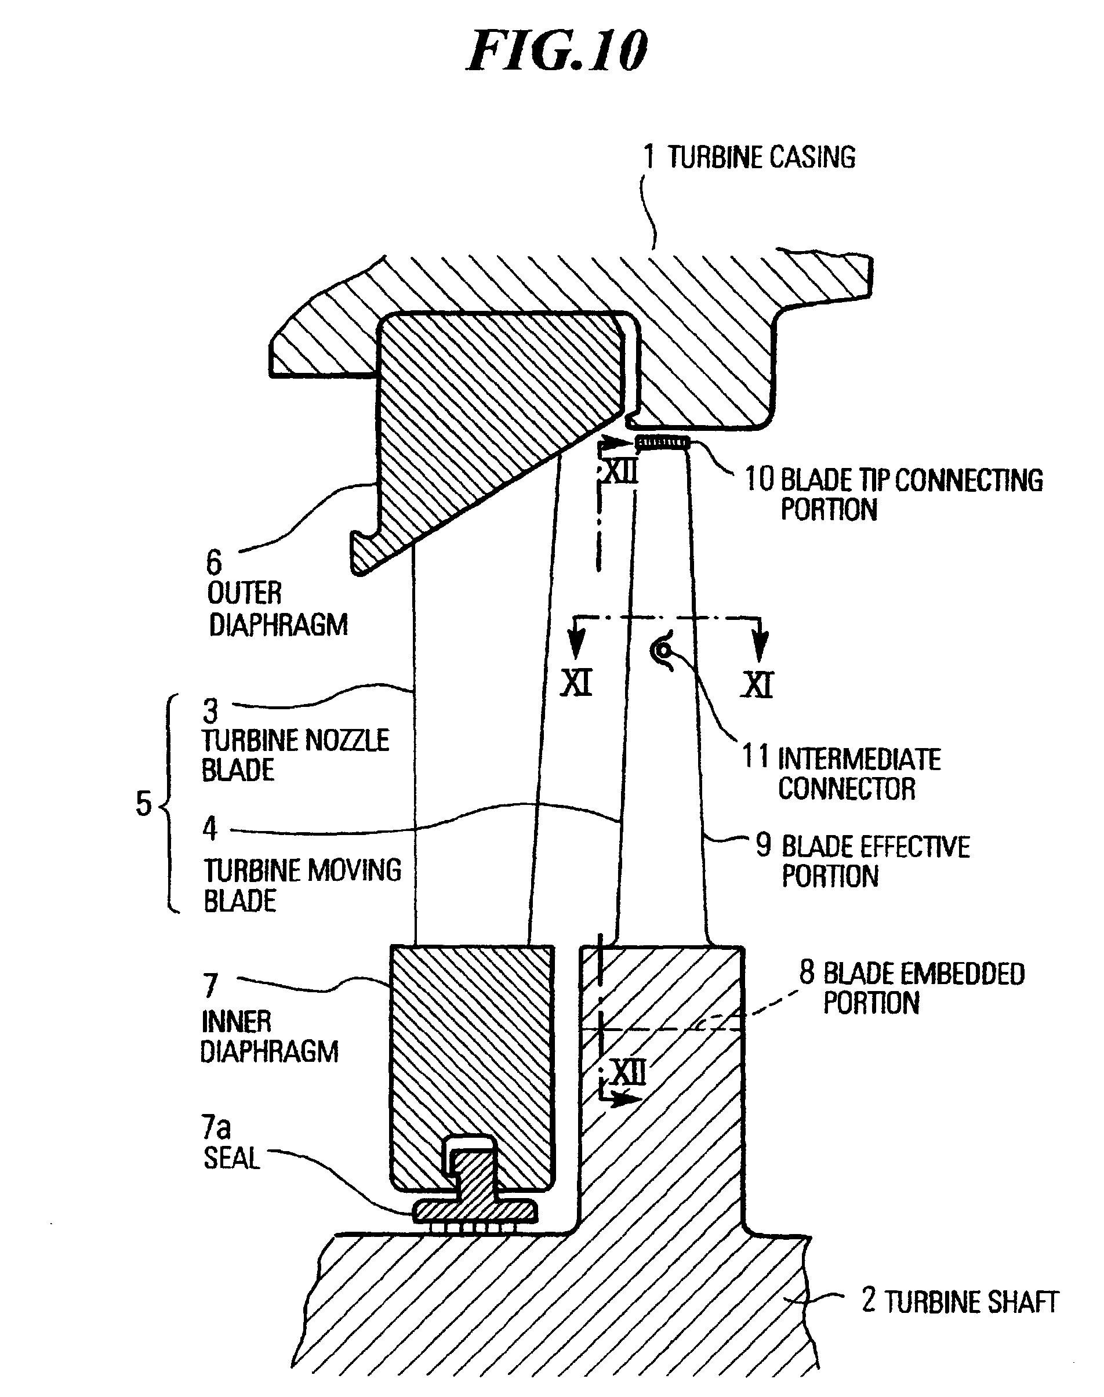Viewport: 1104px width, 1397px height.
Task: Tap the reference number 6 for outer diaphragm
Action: [214, 563]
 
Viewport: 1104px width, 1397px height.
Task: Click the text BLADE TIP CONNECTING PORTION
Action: [894, 495]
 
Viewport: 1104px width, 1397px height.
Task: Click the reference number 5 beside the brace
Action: [143, 804]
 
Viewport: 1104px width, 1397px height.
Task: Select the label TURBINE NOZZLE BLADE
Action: [295, 755]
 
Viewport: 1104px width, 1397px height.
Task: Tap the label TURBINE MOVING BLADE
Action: [302, 884]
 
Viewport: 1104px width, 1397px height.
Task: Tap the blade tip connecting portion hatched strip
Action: [662, 443]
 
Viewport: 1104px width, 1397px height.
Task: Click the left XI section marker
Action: [576, 683]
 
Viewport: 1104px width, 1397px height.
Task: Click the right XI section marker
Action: [757, 684]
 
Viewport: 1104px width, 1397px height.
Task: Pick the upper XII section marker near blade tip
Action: [620, 473]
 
